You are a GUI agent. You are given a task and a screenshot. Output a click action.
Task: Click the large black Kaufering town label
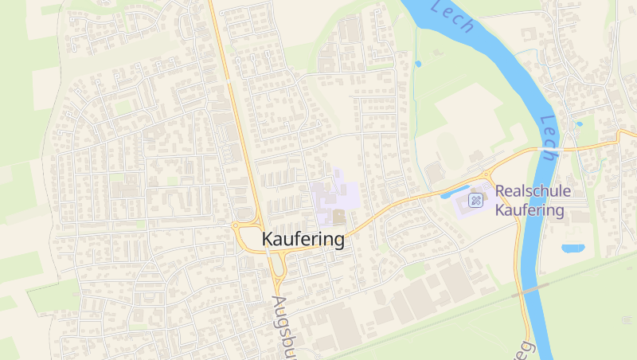pos(303,239)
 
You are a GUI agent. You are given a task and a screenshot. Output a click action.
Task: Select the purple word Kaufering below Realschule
pos(530,211)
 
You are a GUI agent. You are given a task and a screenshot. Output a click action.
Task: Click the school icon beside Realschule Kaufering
pos(477,199)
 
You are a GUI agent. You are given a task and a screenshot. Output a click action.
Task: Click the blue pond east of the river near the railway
pos(572,248)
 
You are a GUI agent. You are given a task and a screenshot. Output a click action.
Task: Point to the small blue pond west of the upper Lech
pos(418,64)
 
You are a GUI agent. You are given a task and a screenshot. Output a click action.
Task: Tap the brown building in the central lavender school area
pos(339,216)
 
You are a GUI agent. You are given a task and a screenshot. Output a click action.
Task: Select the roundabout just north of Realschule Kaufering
pos(484,175)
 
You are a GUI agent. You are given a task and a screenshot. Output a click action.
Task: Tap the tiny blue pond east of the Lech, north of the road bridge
pos(579,124)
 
